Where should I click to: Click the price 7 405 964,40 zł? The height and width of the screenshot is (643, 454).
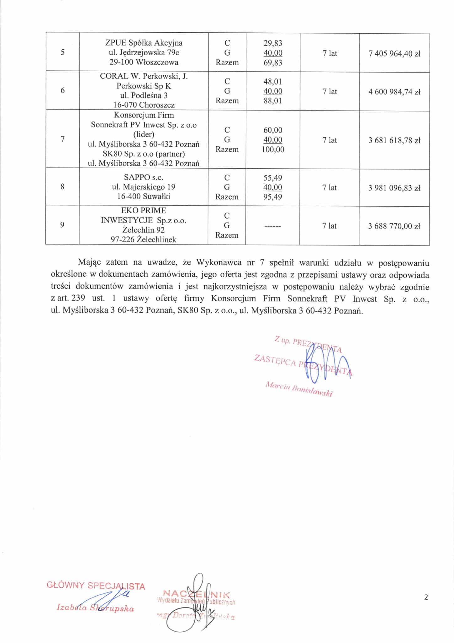tap(394, 54)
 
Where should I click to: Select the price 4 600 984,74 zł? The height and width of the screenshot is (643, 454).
tap(394, 92)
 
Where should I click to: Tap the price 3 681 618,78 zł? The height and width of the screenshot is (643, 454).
tap(394, 140)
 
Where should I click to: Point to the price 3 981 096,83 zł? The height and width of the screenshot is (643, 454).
tap(394, 188)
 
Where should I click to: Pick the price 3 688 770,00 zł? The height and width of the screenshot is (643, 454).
tap(394, 226)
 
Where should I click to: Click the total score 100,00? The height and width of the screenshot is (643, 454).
tap(273, 149)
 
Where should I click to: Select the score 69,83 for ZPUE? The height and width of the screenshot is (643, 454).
tap(273, 62)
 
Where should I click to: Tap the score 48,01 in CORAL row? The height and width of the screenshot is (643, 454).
tap(273, 82)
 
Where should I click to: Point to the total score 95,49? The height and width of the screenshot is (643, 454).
tap(273, 197)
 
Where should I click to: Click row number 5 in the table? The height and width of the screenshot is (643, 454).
tap(63, 52)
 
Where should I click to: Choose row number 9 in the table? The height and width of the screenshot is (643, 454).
tap(62, 225)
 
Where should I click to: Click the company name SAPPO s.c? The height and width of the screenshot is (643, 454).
tap(144, 177)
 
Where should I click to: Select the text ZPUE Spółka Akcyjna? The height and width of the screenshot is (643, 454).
tap(144, 43)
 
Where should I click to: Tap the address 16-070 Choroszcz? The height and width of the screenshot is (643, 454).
tap(144, 105)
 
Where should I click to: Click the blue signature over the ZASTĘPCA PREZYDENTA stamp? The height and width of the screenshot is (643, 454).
tap(326, 364)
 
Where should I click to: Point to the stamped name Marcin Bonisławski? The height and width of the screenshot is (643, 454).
tap(299, 389)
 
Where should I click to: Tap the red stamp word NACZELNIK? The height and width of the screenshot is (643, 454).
tap(197, 594)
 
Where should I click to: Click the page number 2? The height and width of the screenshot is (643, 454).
tap(426, 597)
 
